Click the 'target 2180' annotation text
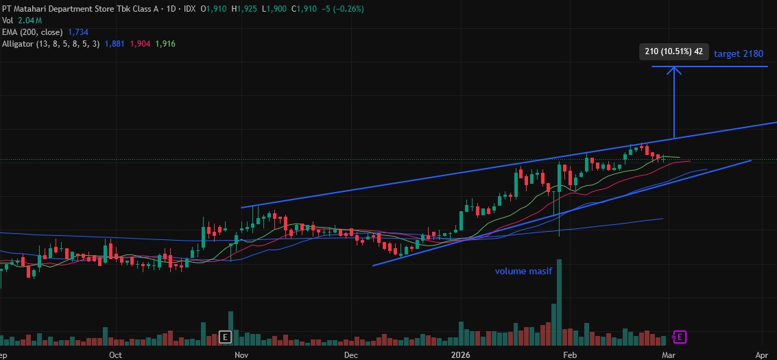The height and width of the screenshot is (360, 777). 738,53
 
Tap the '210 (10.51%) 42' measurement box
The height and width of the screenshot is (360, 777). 673,51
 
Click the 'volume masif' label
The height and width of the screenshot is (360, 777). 523,271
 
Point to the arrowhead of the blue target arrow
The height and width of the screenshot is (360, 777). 675,69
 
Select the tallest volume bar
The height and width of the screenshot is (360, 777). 560,302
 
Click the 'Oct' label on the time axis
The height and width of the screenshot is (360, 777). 115,355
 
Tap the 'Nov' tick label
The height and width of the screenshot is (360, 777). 241,355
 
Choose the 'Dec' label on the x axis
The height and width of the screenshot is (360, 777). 350,355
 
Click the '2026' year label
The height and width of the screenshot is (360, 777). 460,355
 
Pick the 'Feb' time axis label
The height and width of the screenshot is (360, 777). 569,355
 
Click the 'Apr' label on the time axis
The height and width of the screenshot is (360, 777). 761,355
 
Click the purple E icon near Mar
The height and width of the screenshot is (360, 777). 679,337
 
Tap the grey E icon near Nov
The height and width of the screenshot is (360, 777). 224,337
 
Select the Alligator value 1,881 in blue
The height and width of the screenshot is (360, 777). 114,44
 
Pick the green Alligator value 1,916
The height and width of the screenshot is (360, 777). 165,44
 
